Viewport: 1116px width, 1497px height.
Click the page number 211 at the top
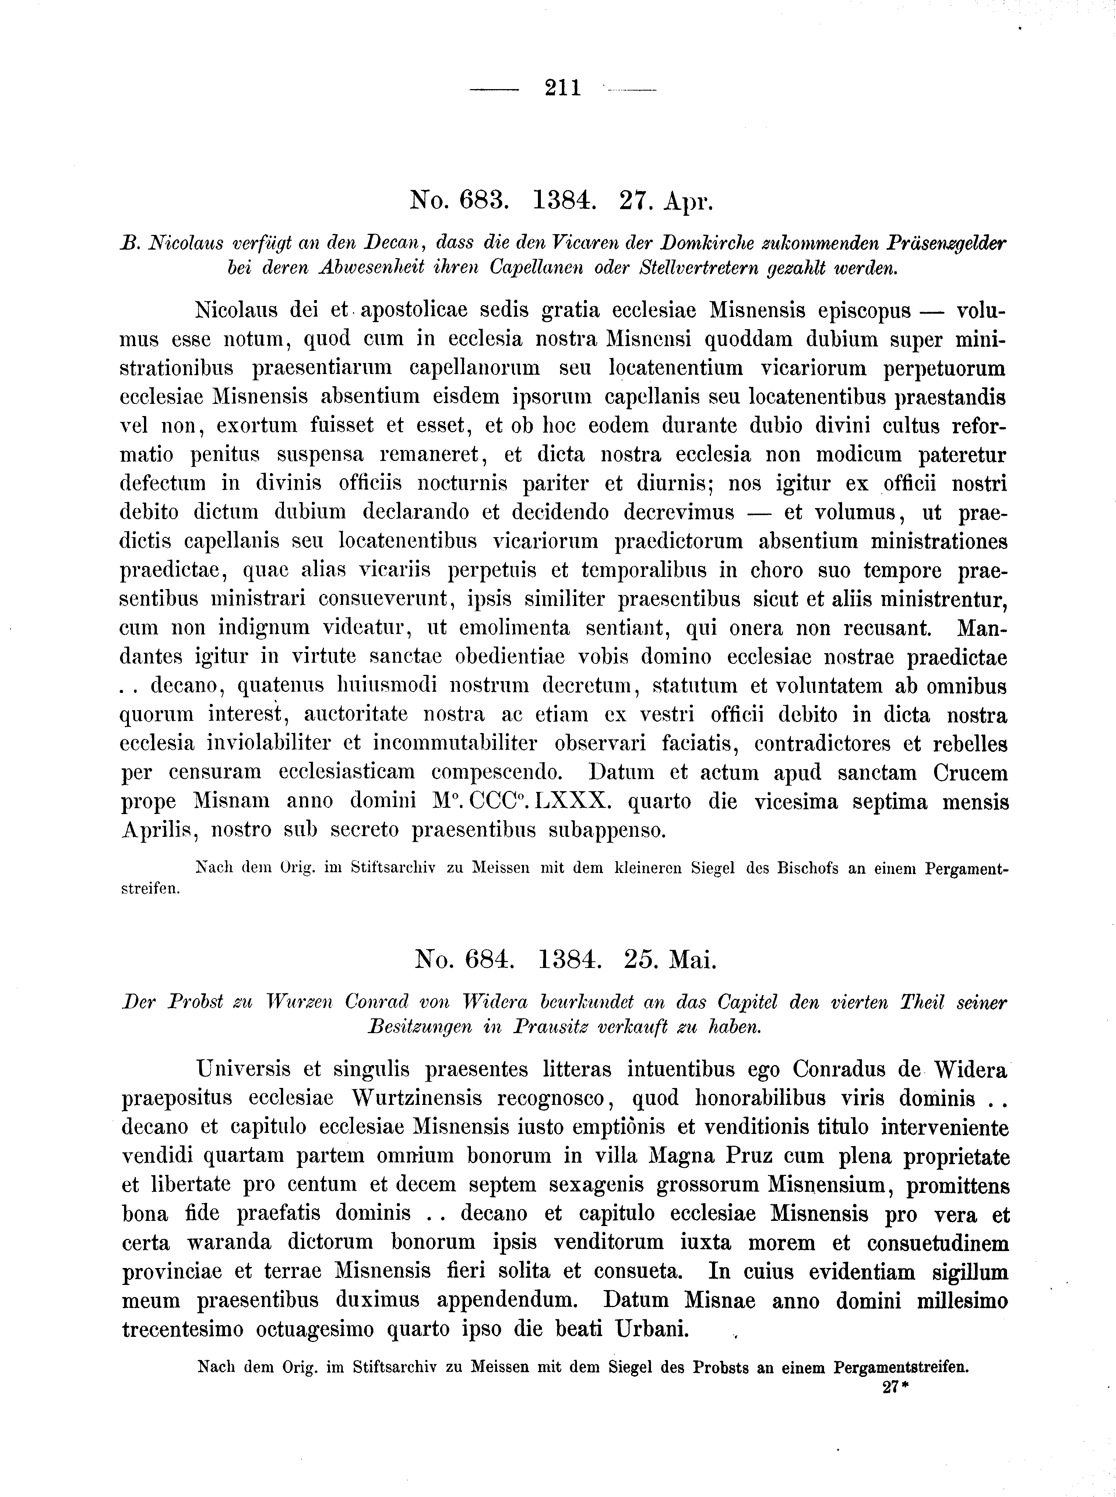click(x=562, y=88)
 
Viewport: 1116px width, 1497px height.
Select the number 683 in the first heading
click(x=480, y=201)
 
